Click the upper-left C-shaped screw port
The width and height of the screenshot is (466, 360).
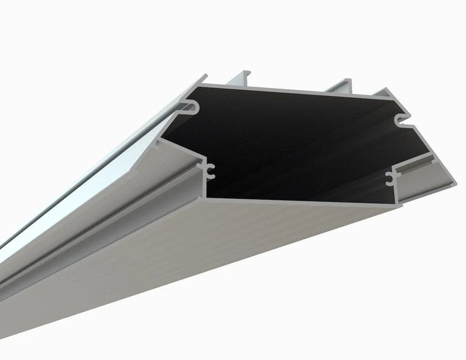tap(194, 104)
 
